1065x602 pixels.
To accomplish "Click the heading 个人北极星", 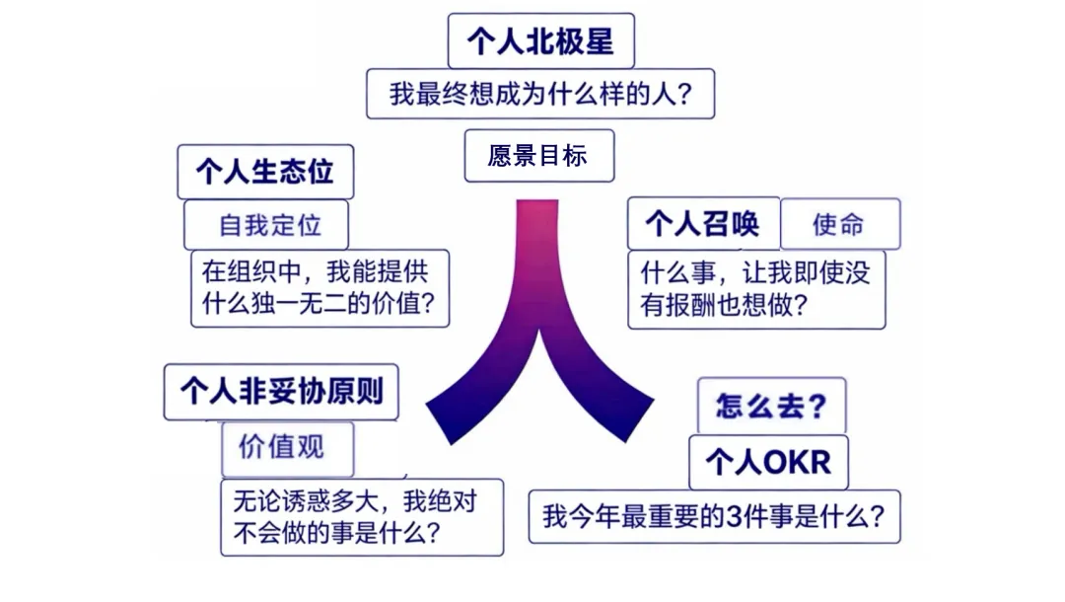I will [x=540, y=41].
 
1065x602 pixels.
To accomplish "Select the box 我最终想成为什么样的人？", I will [x=540, y=95].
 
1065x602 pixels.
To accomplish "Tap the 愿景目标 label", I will [x=538, y=156].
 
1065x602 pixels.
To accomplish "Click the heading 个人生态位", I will [x=264, y=172].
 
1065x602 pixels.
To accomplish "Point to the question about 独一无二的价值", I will [x=319, y=287].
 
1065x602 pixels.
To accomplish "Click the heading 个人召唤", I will [x=703, y=224].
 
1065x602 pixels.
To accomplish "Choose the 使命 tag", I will [x=839, y=224].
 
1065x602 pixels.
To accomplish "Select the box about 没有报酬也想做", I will [x=755, y=288].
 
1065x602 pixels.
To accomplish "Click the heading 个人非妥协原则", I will [x=281, y=392].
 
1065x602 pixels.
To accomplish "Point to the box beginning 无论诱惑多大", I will [x=361, y=516].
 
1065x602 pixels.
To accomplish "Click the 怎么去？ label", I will [x=771, y=406].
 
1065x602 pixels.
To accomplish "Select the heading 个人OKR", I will [x=767, y=461].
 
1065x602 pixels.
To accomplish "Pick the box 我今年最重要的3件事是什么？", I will [x=714, y=515].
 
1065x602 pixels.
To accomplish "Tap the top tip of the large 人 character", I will [x=539, y=203].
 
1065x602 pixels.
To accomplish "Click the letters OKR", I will [x=796, y=461].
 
